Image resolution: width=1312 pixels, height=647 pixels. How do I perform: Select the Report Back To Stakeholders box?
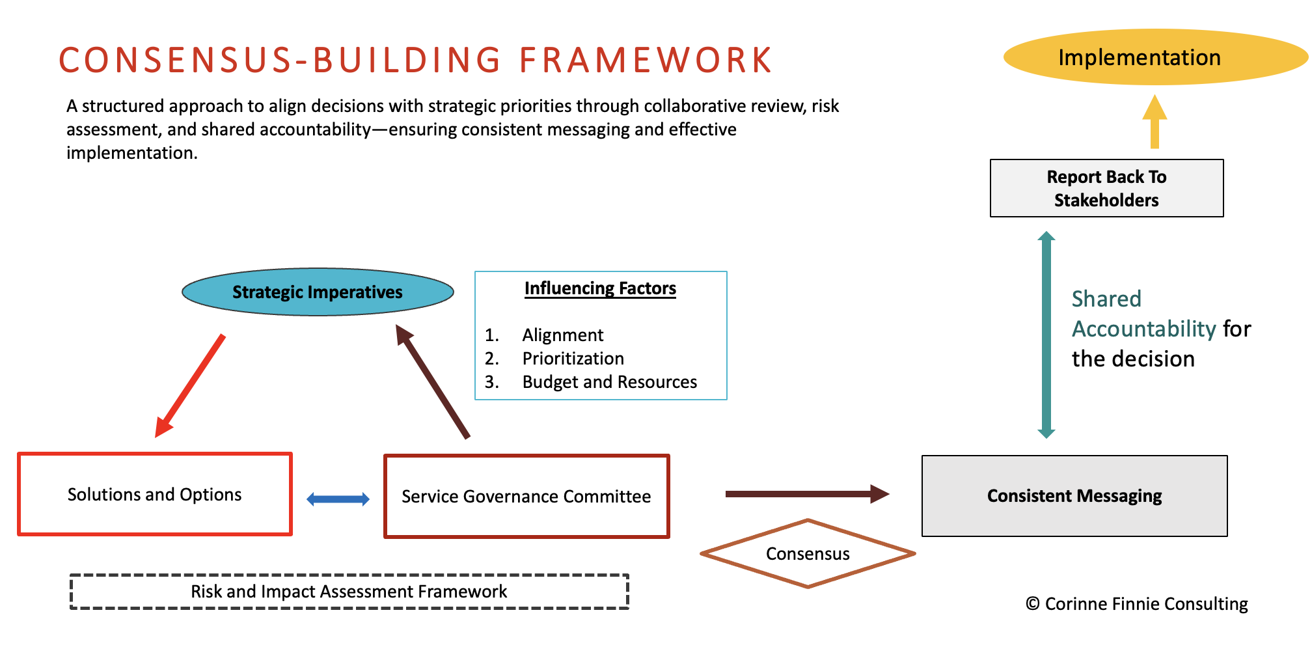[1106, 188]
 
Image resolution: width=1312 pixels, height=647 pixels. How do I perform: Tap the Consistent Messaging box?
[1074, 496]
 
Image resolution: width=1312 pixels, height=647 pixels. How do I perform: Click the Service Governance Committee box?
[526, 496]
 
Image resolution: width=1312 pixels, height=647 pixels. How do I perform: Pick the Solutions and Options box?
[154, 495]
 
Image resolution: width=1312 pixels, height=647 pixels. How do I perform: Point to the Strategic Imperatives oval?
[318, 292]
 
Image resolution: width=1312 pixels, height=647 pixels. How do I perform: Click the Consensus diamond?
[808, 554]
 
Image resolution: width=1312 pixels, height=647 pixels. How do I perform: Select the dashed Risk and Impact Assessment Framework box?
[349, 592]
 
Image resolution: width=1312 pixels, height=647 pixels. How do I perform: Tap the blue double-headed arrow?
[338, 499]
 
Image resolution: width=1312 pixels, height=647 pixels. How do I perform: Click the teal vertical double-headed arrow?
[1046, 335]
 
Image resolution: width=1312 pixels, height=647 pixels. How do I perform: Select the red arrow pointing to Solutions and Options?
[190, 385]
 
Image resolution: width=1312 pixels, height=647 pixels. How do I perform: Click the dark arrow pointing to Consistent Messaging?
[807, 494]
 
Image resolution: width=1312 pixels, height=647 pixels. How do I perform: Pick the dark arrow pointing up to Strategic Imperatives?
[433, 381]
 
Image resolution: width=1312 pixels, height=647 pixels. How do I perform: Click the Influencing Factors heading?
[600, 288]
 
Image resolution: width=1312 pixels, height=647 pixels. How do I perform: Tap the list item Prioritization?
[573, 359]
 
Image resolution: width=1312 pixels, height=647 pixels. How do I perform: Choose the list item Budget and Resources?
[609, 382]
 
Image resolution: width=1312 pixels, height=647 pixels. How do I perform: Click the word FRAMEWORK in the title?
[646, 61]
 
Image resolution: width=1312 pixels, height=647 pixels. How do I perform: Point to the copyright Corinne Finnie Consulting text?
[1137, 604]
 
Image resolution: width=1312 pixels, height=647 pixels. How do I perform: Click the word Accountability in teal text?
[1143, 329]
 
